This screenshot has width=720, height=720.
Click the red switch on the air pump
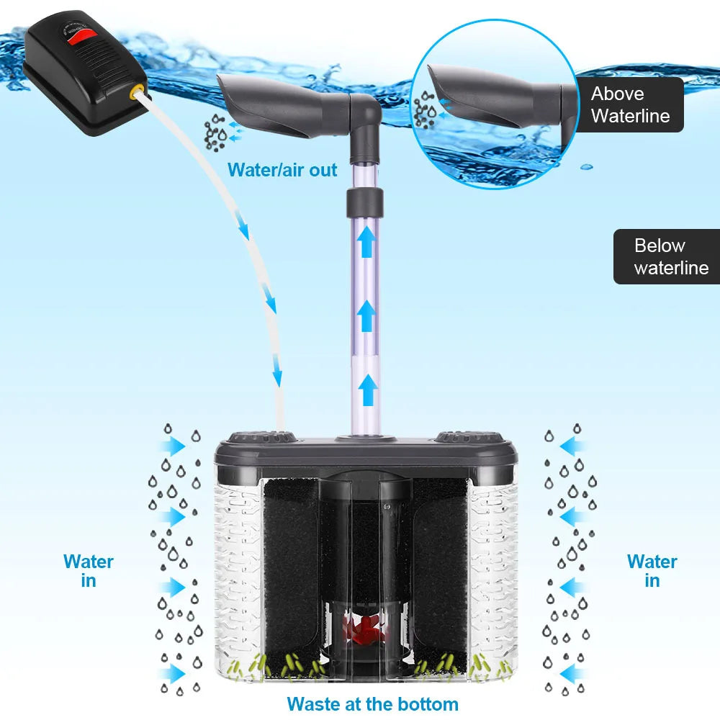(86, 37)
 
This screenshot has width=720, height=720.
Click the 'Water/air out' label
(282, 170)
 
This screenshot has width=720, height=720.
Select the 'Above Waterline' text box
(631, 105)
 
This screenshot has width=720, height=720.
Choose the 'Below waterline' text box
(670, 256)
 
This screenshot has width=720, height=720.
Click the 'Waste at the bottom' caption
(372, 703)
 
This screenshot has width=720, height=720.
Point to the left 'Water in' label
(88, 571)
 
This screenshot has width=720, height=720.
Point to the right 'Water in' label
(652, 571)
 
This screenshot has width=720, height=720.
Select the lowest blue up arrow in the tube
(367, 389)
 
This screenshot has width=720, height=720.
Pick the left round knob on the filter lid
(261, 437)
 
